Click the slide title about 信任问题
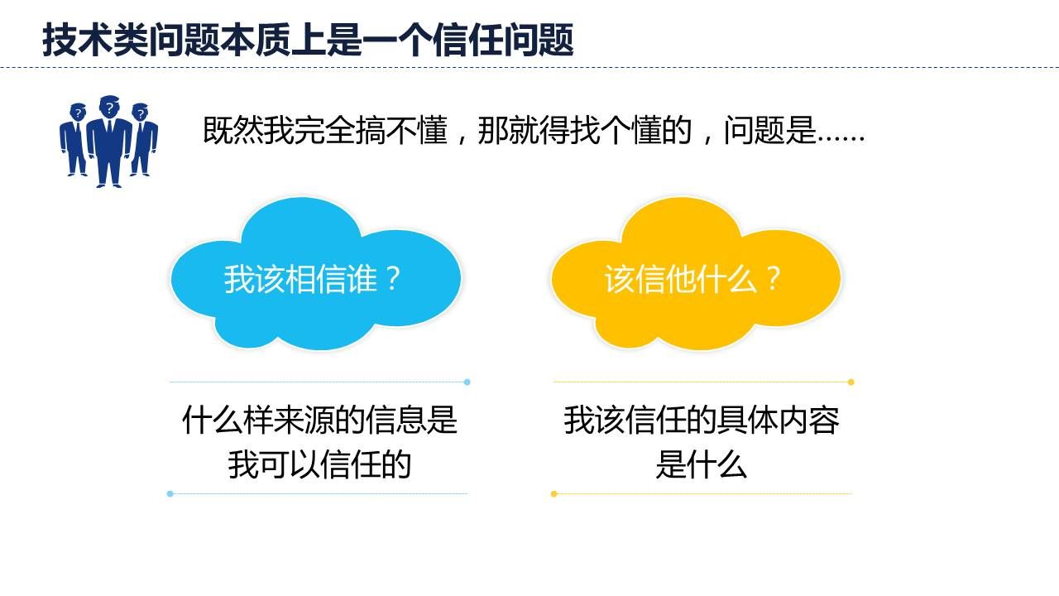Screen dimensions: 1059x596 [308, 40]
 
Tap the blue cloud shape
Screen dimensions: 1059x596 [315, 274]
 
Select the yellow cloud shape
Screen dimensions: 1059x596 [696, 274]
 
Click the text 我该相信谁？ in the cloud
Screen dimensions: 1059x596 [313, 279]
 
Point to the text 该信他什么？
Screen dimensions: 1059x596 [692, 279]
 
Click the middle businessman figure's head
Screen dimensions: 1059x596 [109, 108]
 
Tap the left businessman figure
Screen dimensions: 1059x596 [74, 140]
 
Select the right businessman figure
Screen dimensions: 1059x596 [144, 140]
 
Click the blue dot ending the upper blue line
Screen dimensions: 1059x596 [467, 382]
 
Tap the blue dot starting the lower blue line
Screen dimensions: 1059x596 [170, 494]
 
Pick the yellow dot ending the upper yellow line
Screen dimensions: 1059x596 [851, 382]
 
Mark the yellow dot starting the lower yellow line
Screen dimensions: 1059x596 [554, 494]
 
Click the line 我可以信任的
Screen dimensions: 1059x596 [319, 465]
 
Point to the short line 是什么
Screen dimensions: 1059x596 [701, 465]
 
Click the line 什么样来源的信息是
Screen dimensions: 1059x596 [319, 420]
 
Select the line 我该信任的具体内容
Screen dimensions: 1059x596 [701, 420]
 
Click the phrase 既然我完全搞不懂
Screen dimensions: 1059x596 [325, 130]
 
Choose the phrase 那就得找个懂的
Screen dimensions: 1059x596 [585, 130]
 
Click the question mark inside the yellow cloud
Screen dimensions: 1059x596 [773, 279]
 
